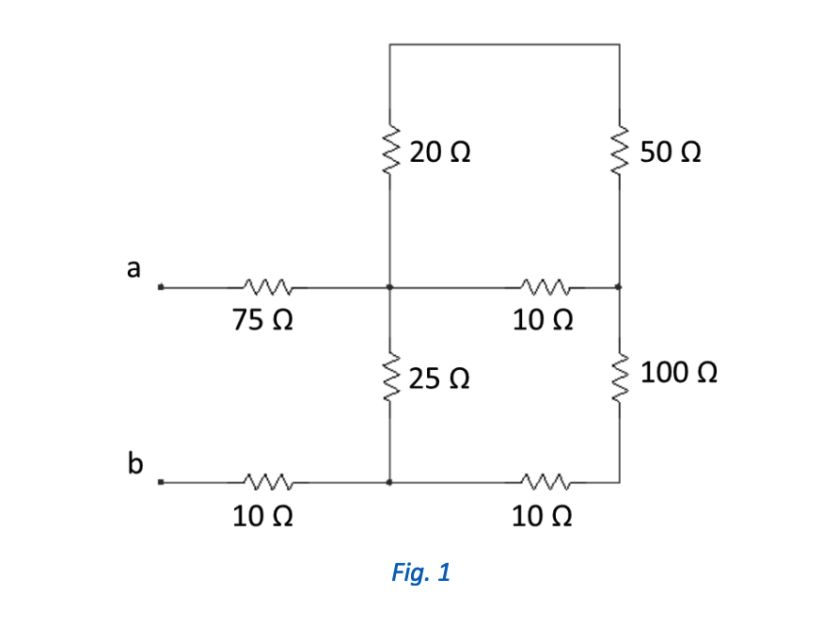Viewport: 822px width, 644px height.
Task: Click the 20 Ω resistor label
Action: [440, 153]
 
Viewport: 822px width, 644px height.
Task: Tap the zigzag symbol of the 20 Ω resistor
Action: [389, 153]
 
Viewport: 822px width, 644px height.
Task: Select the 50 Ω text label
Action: [670, 153]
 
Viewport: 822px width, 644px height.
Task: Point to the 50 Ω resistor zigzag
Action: [619, 153]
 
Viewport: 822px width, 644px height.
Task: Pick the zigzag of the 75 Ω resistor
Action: [268, 286]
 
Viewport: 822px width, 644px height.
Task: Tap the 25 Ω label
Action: [440, 379]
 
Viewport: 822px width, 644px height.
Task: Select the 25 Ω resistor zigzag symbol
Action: [389, 379]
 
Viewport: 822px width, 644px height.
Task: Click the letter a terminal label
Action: [134, 267]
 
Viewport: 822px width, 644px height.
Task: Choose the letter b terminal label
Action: [135, 462]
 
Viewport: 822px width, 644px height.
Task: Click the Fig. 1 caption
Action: [420, 572]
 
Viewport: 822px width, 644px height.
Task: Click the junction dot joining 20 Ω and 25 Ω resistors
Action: [389, 287]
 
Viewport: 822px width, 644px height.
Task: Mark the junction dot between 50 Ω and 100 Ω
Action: [619, 287]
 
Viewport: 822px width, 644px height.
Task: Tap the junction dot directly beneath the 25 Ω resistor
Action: [389, 482]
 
